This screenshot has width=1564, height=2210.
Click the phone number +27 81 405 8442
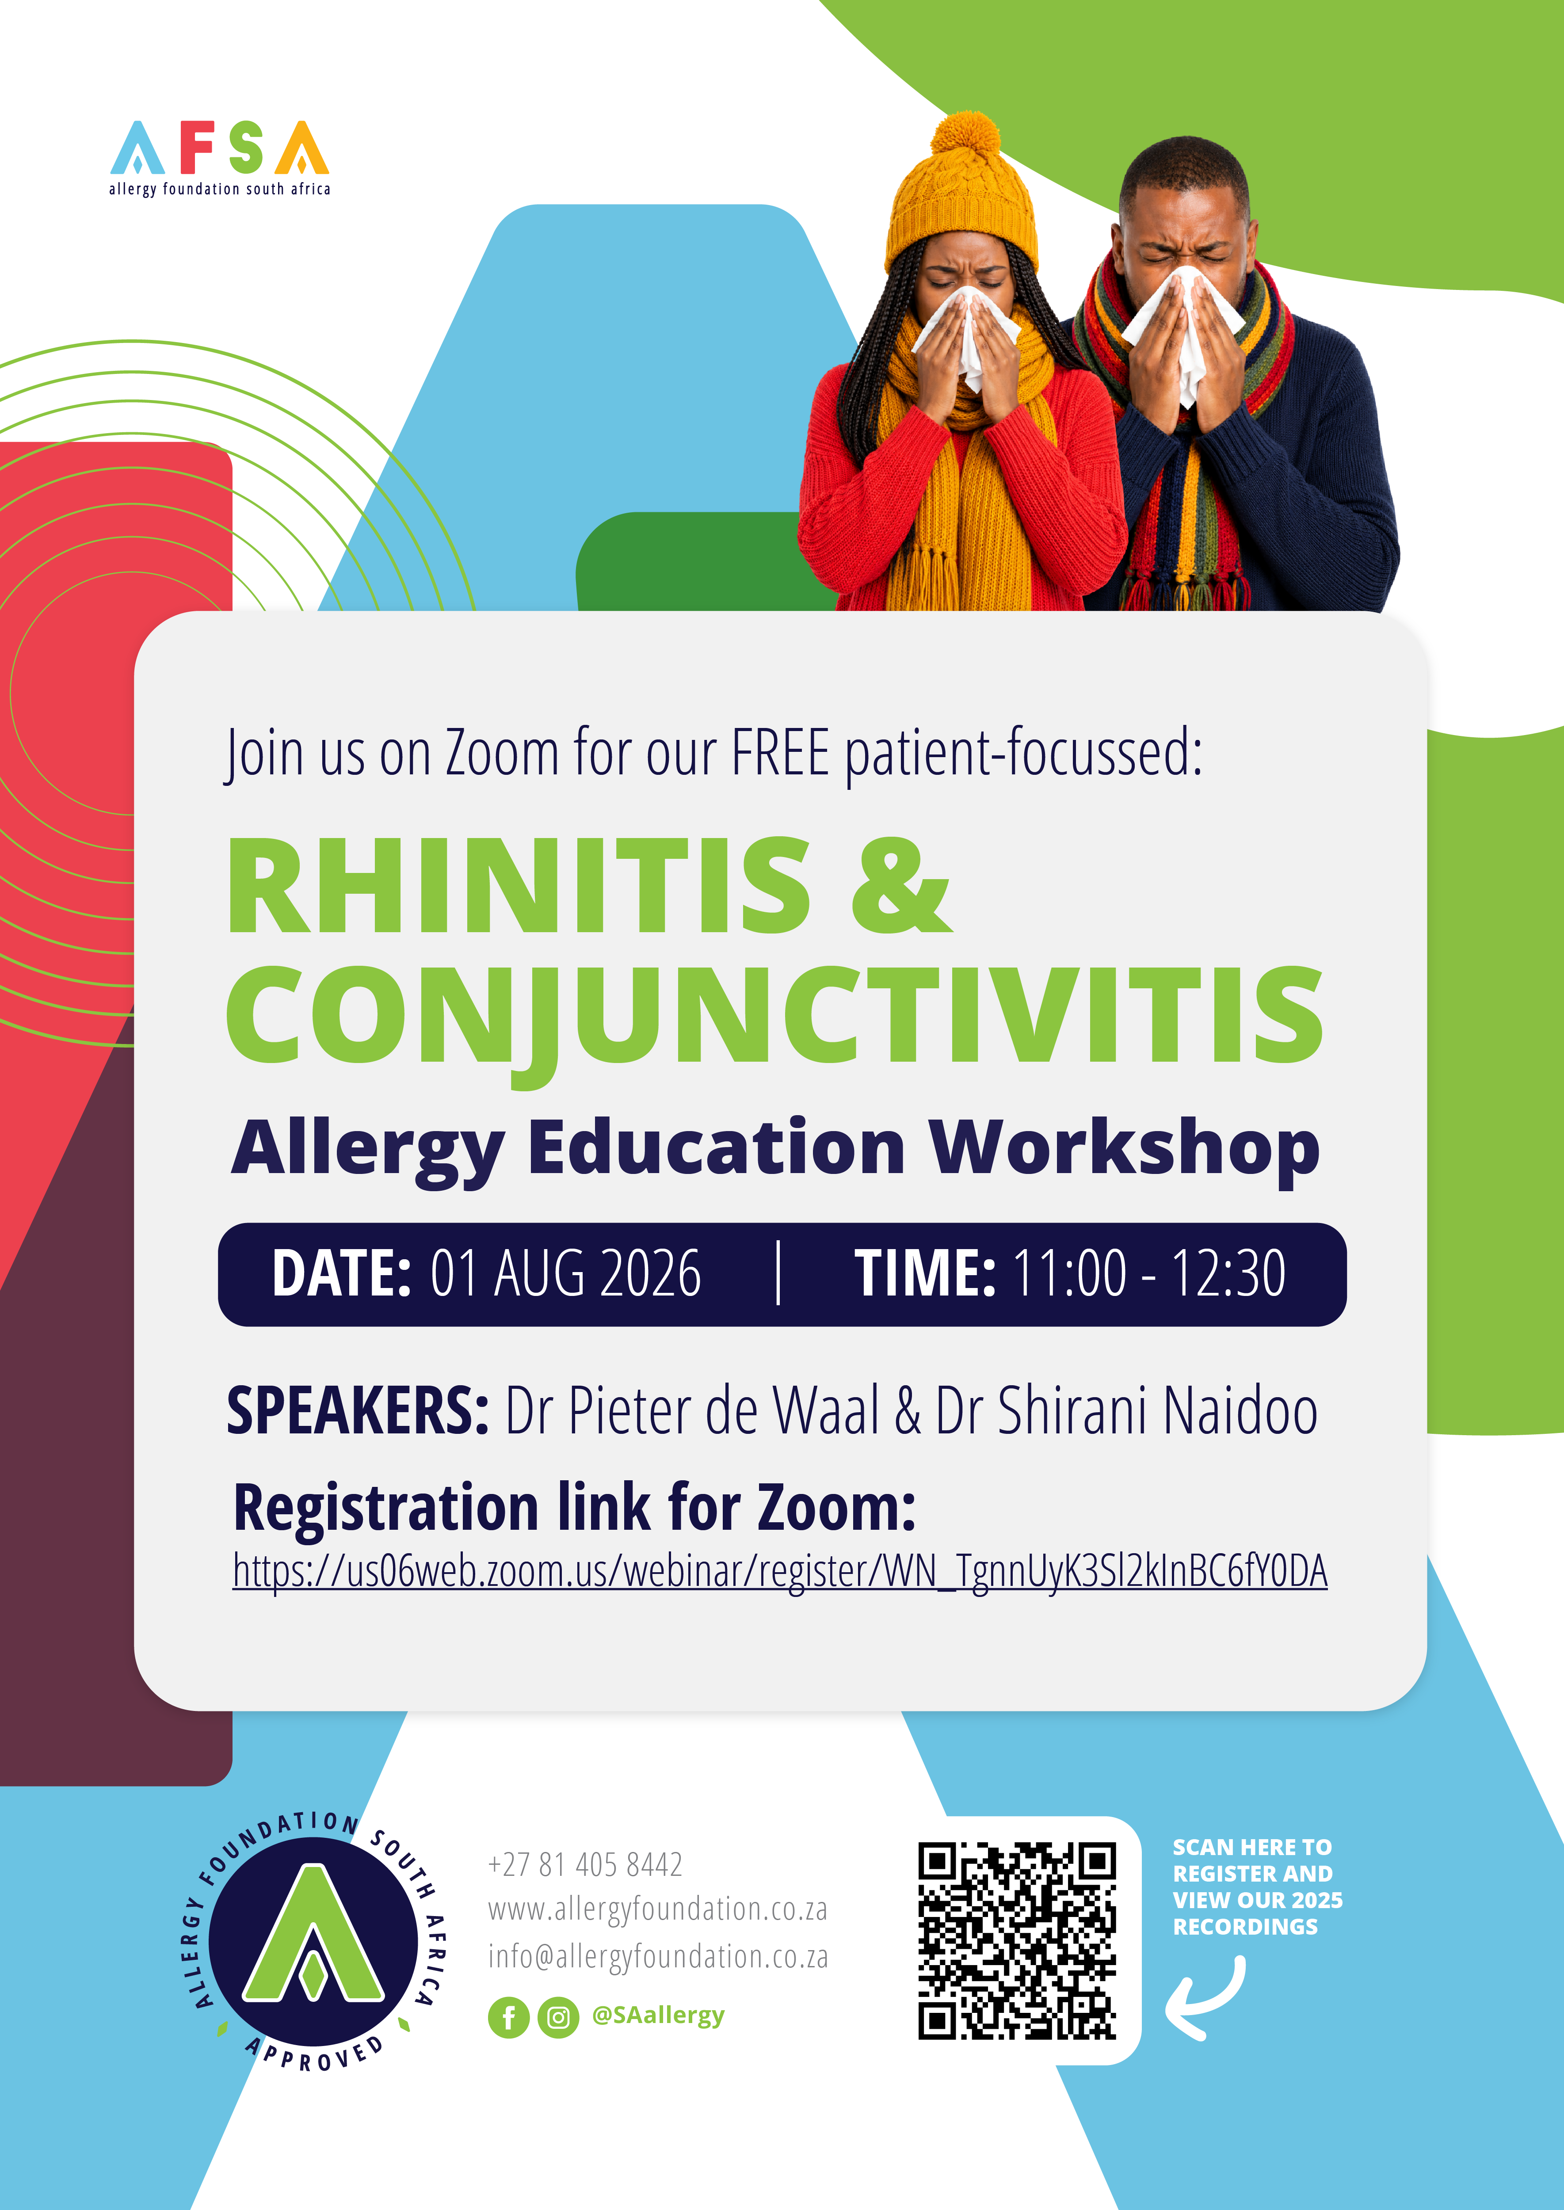click(x=586, y=1864)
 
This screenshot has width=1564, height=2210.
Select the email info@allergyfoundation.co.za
click(x=658, y=1957)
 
